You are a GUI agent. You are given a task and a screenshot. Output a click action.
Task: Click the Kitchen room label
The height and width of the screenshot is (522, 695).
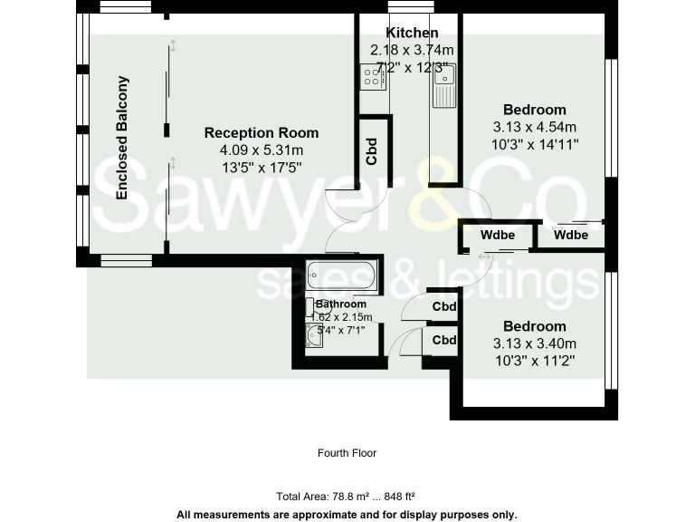(x=412, y=34)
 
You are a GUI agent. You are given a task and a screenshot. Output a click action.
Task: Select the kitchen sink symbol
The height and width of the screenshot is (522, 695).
(x=445, y=85)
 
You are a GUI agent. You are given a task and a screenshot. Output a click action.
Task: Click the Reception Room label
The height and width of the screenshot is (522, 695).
(x=262, y=133)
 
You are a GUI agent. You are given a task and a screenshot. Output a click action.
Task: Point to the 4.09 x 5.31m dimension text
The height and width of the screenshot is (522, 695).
(x=262, y=150)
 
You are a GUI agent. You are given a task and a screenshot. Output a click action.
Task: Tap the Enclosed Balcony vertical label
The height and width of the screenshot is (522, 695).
(x=122, y=138)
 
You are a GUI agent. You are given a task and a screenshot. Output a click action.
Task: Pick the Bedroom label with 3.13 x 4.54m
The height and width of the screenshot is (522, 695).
(x=535, y=111)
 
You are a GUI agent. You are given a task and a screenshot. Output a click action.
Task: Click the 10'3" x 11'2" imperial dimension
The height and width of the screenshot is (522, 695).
(x=535, y=360)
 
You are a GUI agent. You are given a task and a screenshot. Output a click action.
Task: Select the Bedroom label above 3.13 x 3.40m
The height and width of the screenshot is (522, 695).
(x=535, y=326)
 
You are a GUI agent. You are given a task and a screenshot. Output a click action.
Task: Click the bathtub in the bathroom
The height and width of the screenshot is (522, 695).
(x=342, y=275)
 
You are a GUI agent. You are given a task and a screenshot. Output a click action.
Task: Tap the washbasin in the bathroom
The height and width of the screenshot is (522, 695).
(x=314, y=338)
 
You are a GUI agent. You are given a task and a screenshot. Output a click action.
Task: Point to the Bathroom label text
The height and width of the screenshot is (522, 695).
(x=341, y=304)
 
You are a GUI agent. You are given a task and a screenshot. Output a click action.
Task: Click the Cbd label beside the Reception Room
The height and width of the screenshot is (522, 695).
(x=372, y=150)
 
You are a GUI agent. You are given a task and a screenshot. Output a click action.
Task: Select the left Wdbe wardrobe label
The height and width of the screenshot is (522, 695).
(x=498, y=236)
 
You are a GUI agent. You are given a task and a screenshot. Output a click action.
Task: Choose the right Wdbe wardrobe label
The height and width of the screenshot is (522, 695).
(x=571, y=236)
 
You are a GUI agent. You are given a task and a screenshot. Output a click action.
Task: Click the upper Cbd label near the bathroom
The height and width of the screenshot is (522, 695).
(x=444, y=306)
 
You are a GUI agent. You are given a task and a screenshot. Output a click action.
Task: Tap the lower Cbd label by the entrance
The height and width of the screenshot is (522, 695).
(x=444, y=341)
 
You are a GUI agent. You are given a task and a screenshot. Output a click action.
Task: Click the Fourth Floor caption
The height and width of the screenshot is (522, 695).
(x=347, y=453)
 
